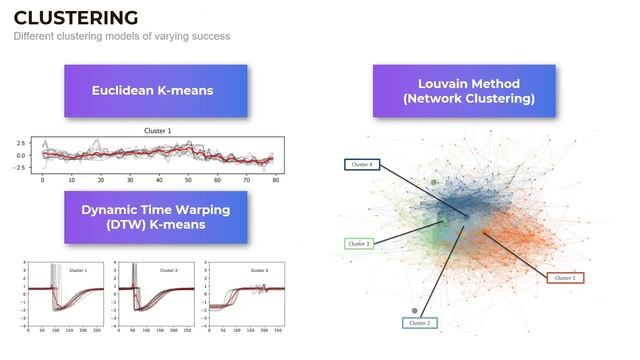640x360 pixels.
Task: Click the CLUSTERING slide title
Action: click(x=76, y=17)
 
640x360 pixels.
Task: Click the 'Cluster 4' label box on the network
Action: click(x=360, y=163)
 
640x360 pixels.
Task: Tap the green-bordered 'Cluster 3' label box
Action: click(x=359, y=243)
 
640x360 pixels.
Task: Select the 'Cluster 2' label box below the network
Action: click(x=418, y=323)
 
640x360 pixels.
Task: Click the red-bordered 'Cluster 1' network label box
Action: click(x=565, y=277)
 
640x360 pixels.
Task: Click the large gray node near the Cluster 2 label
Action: click(x=415, y=311)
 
